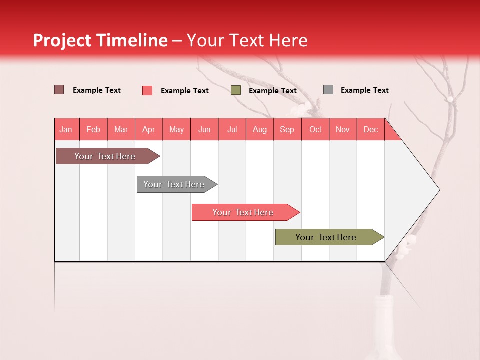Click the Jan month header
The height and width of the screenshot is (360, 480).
(x=66, y=129)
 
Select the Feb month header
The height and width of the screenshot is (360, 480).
(x=93, y=129)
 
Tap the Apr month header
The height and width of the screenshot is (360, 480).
(x=149, y=129)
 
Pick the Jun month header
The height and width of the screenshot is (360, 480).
(x=204, y=129)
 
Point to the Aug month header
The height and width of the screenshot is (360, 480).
(x=260, y=129)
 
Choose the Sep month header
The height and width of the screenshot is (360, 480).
(x=287, y=129)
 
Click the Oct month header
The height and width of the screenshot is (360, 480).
(x=315, y=129)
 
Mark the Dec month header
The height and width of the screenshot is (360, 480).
(x=371, y=129)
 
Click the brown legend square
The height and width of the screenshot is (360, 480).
(x=59, y=90)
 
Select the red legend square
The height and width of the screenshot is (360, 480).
(x=147, y=90)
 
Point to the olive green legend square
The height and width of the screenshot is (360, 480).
(x=236, y=90)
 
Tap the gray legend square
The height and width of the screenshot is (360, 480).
(x=328, y=90)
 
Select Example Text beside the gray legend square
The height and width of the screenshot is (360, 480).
(x=364, y=90)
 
